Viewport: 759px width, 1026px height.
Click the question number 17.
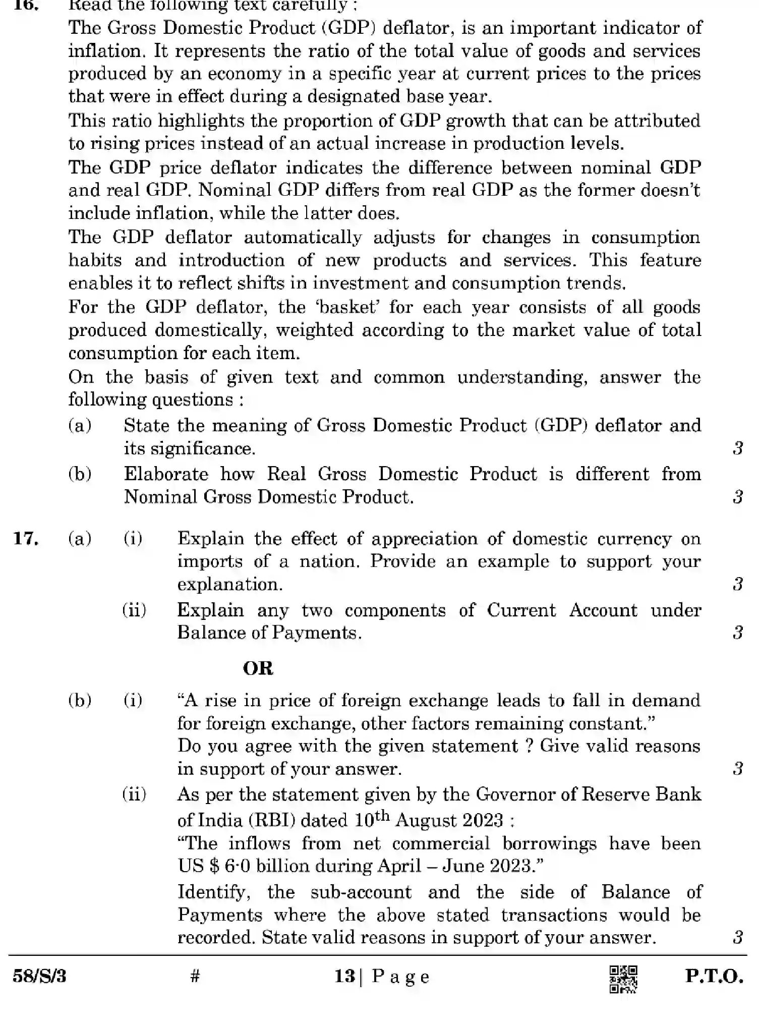click(26, 539)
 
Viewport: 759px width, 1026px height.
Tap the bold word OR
click(258, 668)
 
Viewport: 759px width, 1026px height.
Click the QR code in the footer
click(623, 979)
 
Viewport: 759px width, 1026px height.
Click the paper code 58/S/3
click(39, 977)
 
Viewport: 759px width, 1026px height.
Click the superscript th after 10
click(382, 815)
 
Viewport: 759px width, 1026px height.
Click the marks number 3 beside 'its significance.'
click(738, 448)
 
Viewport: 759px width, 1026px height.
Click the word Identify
click(214, 892)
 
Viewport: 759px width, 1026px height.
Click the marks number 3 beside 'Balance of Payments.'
click(738, 632)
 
